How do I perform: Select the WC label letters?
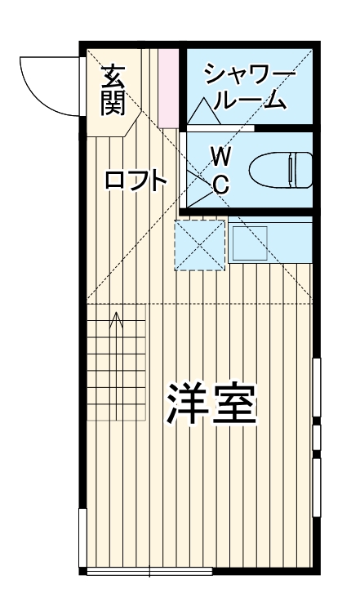click(220, 169)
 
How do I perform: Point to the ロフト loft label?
click(136, 181)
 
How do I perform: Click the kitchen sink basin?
click(250, 242)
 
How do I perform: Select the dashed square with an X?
click(200, 243)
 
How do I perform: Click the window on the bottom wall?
click(149, 571)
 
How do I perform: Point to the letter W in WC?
click(220, 154)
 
